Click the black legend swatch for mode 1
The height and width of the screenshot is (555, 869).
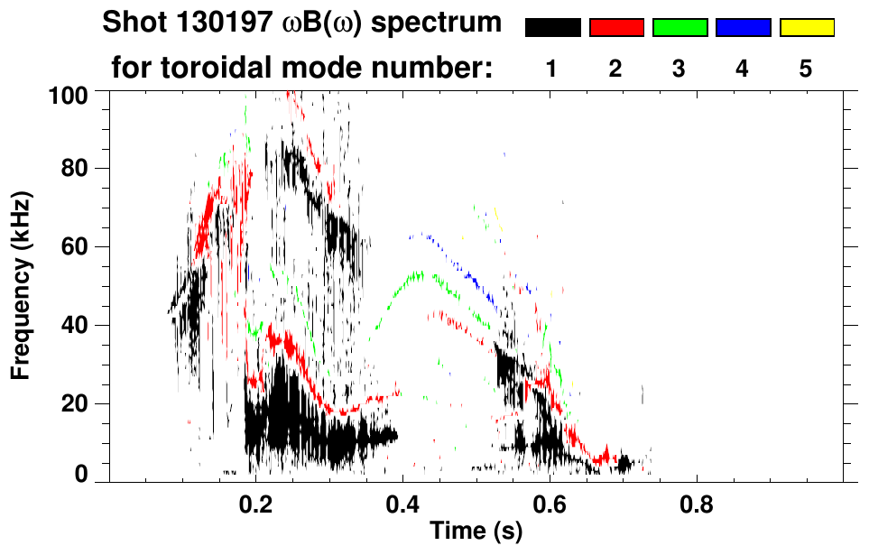552,28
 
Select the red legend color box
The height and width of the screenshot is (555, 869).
616,28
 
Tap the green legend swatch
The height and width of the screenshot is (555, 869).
679,28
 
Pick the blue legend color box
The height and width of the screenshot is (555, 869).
743,28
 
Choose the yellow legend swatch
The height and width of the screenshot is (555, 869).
806,28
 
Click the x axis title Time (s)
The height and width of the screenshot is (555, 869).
475,532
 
